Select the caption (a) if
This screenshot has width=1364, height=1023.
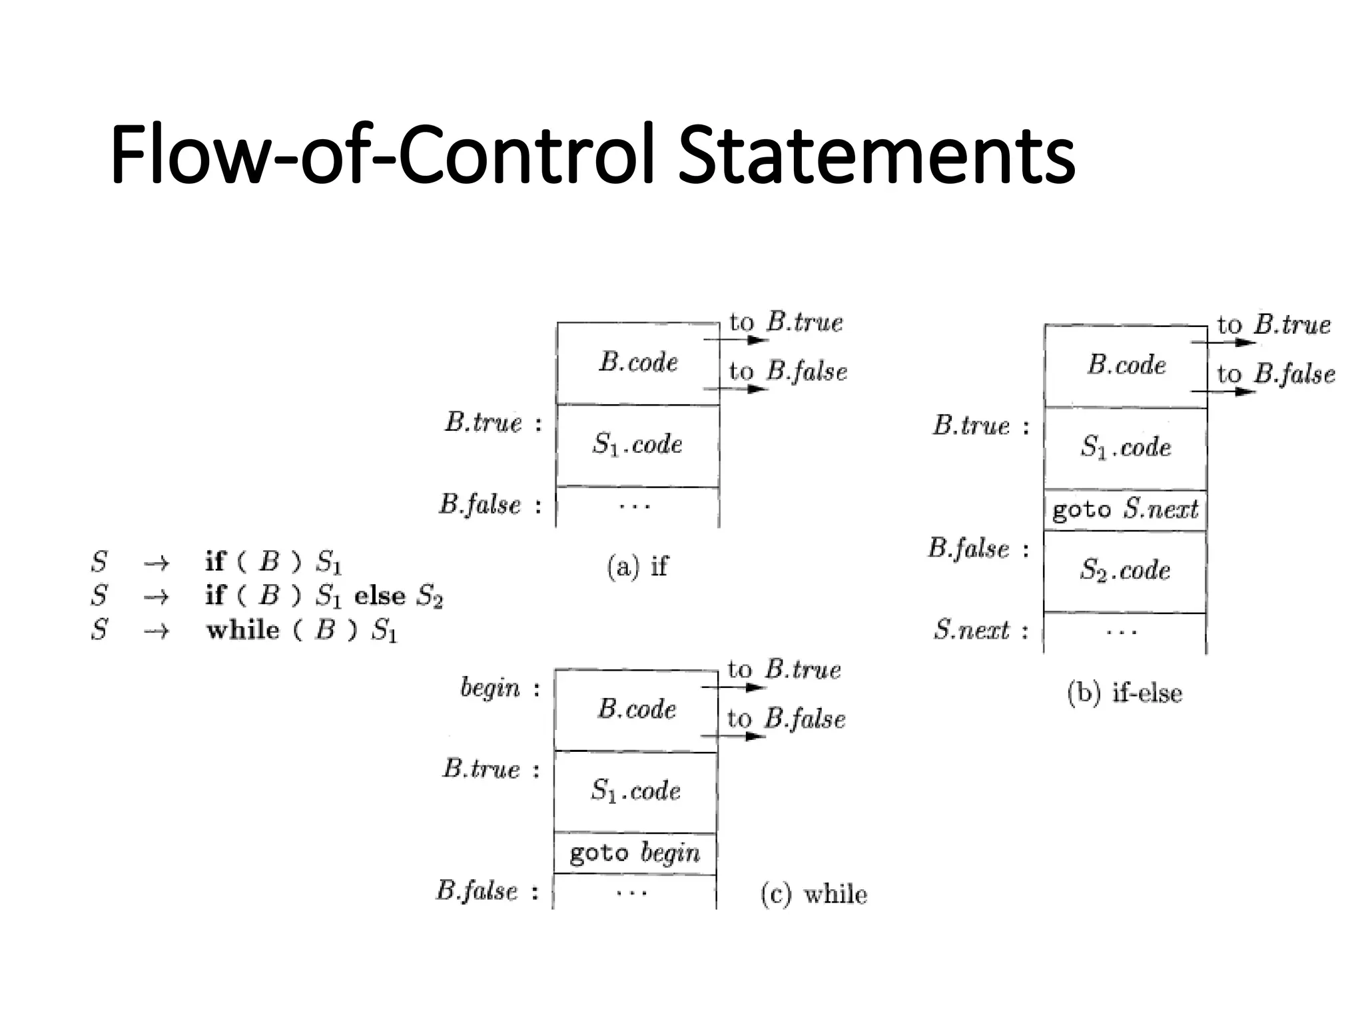tap(637, 566)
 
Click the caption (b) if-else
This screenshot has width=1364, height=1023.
tap(1124, 693)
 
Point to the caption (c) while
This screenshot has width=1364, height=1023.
tap(814, 894)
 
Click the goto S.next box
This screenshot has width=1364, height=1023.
tap(1125, 510)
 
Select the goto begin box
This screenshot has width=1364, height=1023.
tap(635, 853)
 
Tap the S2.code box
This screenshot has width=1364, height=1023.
tap(1125, 571)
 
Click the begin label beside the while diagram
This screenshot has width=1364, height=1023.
tap(490, 688)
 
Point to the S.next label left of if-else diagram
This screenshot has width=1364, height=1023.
tap(972, 630)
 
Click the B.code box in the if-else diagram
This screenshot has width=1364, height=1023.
tap(1126, 365)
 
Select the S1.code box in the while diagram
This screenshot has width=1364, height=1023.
tap(636, 791)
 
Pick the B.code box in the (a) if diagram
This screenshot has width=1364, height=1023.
tap(638, 362)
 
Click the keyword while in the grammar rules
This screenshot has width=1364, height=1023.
tap(243, 630)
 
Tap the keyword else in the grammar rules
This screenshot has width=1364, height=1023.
tap(380, 595)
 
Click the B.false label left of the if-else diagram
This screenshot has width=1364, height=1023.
tap(969, 549)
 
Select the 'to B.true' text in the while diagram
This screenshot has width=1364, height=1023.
tap(785, 669)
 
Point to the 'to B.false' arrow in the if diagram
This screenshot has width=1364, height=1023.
tap(736, 388)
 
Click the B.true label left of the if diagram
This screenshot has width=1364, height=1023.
tap(484, 423)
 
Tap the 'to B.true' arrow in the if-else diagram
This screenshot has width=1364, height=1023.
tap(1223, 342)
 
